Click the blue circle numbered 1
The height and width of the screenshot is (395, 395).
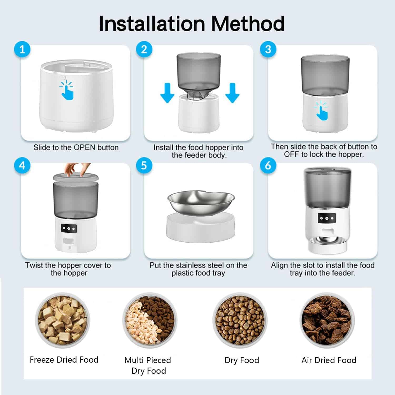pyautogui.click(x=22, y=49)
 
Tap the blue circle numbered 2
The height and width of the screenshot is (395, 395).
pyautogui.click(x=144, y=49)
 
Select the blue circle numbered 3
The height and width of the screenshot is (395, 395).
pyautogui.click(x=268, y=49)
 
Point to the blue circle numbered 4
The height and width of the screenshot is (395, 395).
pyautogui.click(x=22, y=165)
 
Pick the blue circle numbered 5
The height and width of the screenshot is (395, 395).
pyautogui.click(x=144, y=165)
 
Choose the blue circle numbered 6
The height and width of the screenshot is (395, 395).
pyautogui.click(x=268, y=165)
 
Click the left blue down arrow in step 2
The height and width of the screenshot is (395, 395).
pyautogui.click(x=167, y=93)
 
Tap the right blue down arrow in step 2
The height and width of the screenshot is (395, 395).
pyautogui.click(x=232, y=93)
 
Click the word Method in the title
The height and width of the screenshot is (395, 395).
pyautogui.click(x=248, y=24)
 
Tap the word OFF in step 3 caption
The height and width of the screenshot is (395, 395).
pyautogui.click(x=292, y=154)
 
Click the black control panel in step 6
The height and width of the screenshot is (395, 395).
pyautogui.click(x=327, y=218)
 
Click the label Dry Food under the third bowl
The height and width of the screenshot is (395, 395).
pyautogui.click(x=242, y=360)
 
